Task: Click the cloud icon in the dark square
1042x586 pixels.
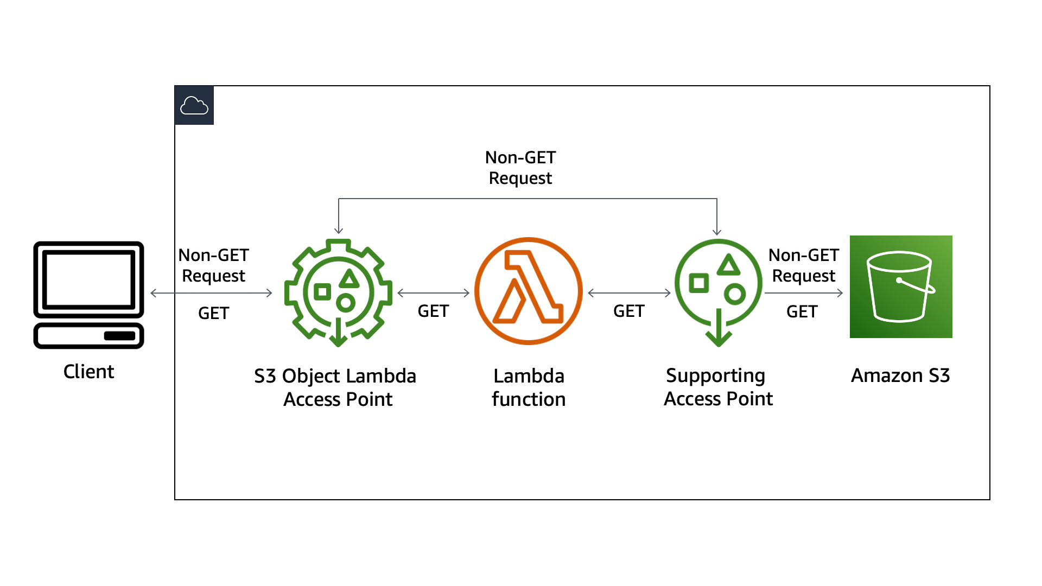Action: click(194, 105)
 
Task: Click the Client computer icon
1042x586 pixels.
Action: click(88, 295)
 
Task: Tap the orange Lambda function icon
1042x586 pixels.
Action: click(528, 291)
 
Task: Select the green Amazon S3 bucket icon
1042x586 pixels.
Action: click(901, 286)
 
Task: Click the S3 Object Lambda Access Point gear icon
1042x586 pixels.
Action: click(338, 292)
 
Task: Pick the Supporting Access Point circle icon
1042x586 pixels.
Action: click(718, 290)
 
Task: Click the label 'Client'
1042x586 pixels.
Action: click(88, 372)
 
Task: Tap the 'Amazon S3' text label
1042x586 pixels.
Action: click(900, 375)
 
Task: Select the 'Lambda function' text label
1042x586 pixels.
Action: click(529, 387)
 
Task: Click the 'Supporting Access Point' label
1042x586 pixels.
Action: click(718, 387)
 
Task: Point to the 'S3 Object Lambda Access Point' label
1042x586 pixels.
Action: click(335, 387)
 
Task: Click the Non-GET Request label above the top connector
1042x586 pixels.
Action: click(520, 168)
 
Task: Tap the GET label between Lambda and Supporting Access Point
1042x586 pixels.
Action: click(629, 311)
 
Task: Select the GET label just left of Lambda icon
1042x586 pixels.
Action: click(433, 311)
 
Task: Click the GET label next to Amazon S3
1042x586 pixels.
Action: click(802, 311)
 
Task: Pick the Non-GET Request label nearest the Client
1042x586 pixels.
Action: click(213, 265)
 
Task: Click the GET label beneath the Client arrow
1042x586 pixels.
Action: click(213, 313)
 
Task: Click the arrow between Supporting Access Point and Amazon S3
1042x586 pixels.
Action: click(803, 293)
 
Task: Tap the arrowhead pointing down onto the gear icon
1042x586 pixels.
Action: click(339, 230)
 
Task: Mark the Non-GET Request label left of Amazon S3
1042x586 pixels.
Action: click(804, 265)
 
